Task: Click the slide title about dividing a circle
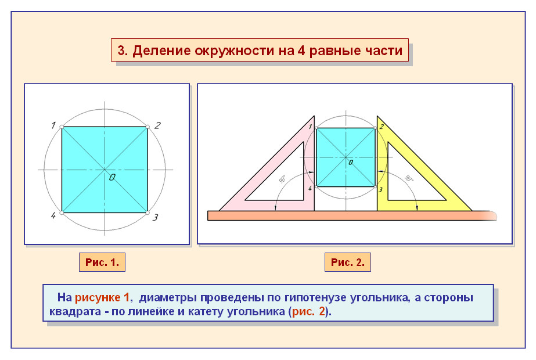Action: pyautogui.click(x=260, y=51)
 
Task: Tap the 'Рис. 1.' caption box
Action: pyautogui.click(x=102, y=262)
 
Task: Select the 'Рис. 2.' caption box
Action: pyautogui.click(x=347, y=262)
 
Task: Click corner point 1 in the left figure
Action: pyautogui.click(x=62, y=127)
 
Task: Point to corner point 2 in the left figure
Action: pyautogui.click(x=148, y=127)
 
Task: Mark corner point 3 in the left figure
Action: pyautogui.click(x=148, y=213)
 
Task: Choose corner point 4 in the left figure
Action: pyautogui.click(x=62, y=213)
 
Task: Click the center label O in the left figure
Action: pyautogui.click(x=111, y=177)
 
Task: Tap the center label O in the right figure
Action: pyautogui.click(x=350, y=163)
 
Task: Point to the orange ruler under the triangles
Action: pyautogui.click(x=348, y=215)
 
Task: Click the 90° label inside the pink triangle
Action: pyautogui.click(x=282, y=179)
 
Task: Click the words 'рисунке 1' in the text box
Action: pyautogui.click(x=102, y=298)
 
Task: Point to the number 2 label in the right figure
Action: pyautogui.click(x=382, y=126)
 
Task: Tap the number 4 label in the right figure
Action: pyautogui.click(x=310, y=189)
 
